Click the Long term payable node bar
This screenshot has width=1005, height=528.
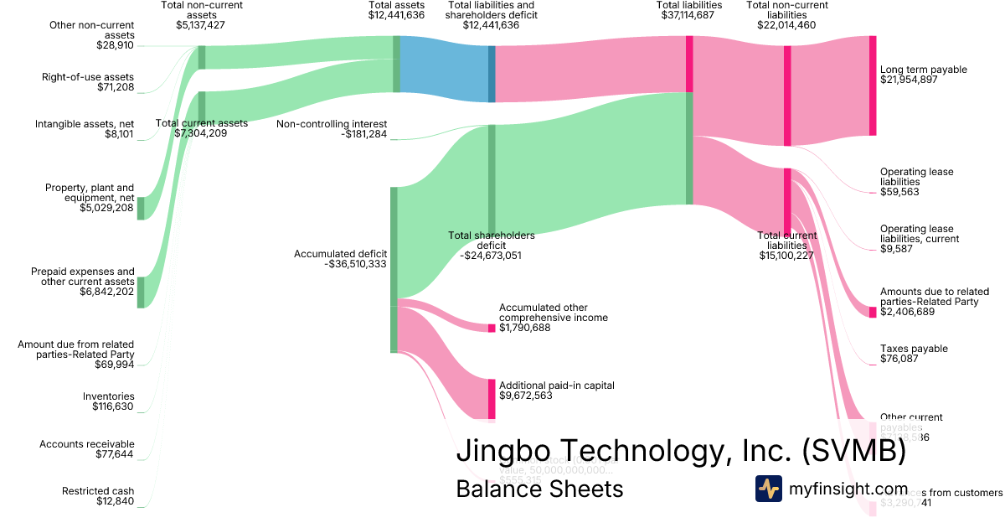873,85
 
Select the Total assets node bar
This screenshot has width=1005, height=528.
397,64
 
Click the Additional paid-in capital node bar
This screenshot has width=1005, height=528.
492,399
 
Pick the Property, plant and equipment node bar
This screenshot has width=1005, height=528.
141,208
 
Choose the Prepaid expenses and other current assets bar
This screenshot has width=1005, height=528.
141,292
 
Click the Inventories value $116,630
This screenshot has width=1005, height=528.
113,406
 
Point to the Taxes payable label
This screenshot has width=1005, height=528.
914,349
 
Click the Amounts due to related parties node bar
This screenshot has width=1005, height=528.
873,312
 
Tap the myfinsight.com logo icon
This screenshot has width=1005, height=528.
768,489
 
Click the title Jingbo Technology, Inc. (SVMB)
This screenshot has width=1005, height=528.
681,452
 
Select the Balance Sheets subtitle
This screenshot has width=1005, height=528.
539,489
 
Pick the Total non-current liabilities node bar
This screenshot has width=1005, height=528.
787,95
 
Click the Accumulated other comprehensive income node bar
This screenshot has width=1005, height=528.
492,328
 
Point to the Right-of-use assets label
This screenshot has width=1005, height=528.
88,77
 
